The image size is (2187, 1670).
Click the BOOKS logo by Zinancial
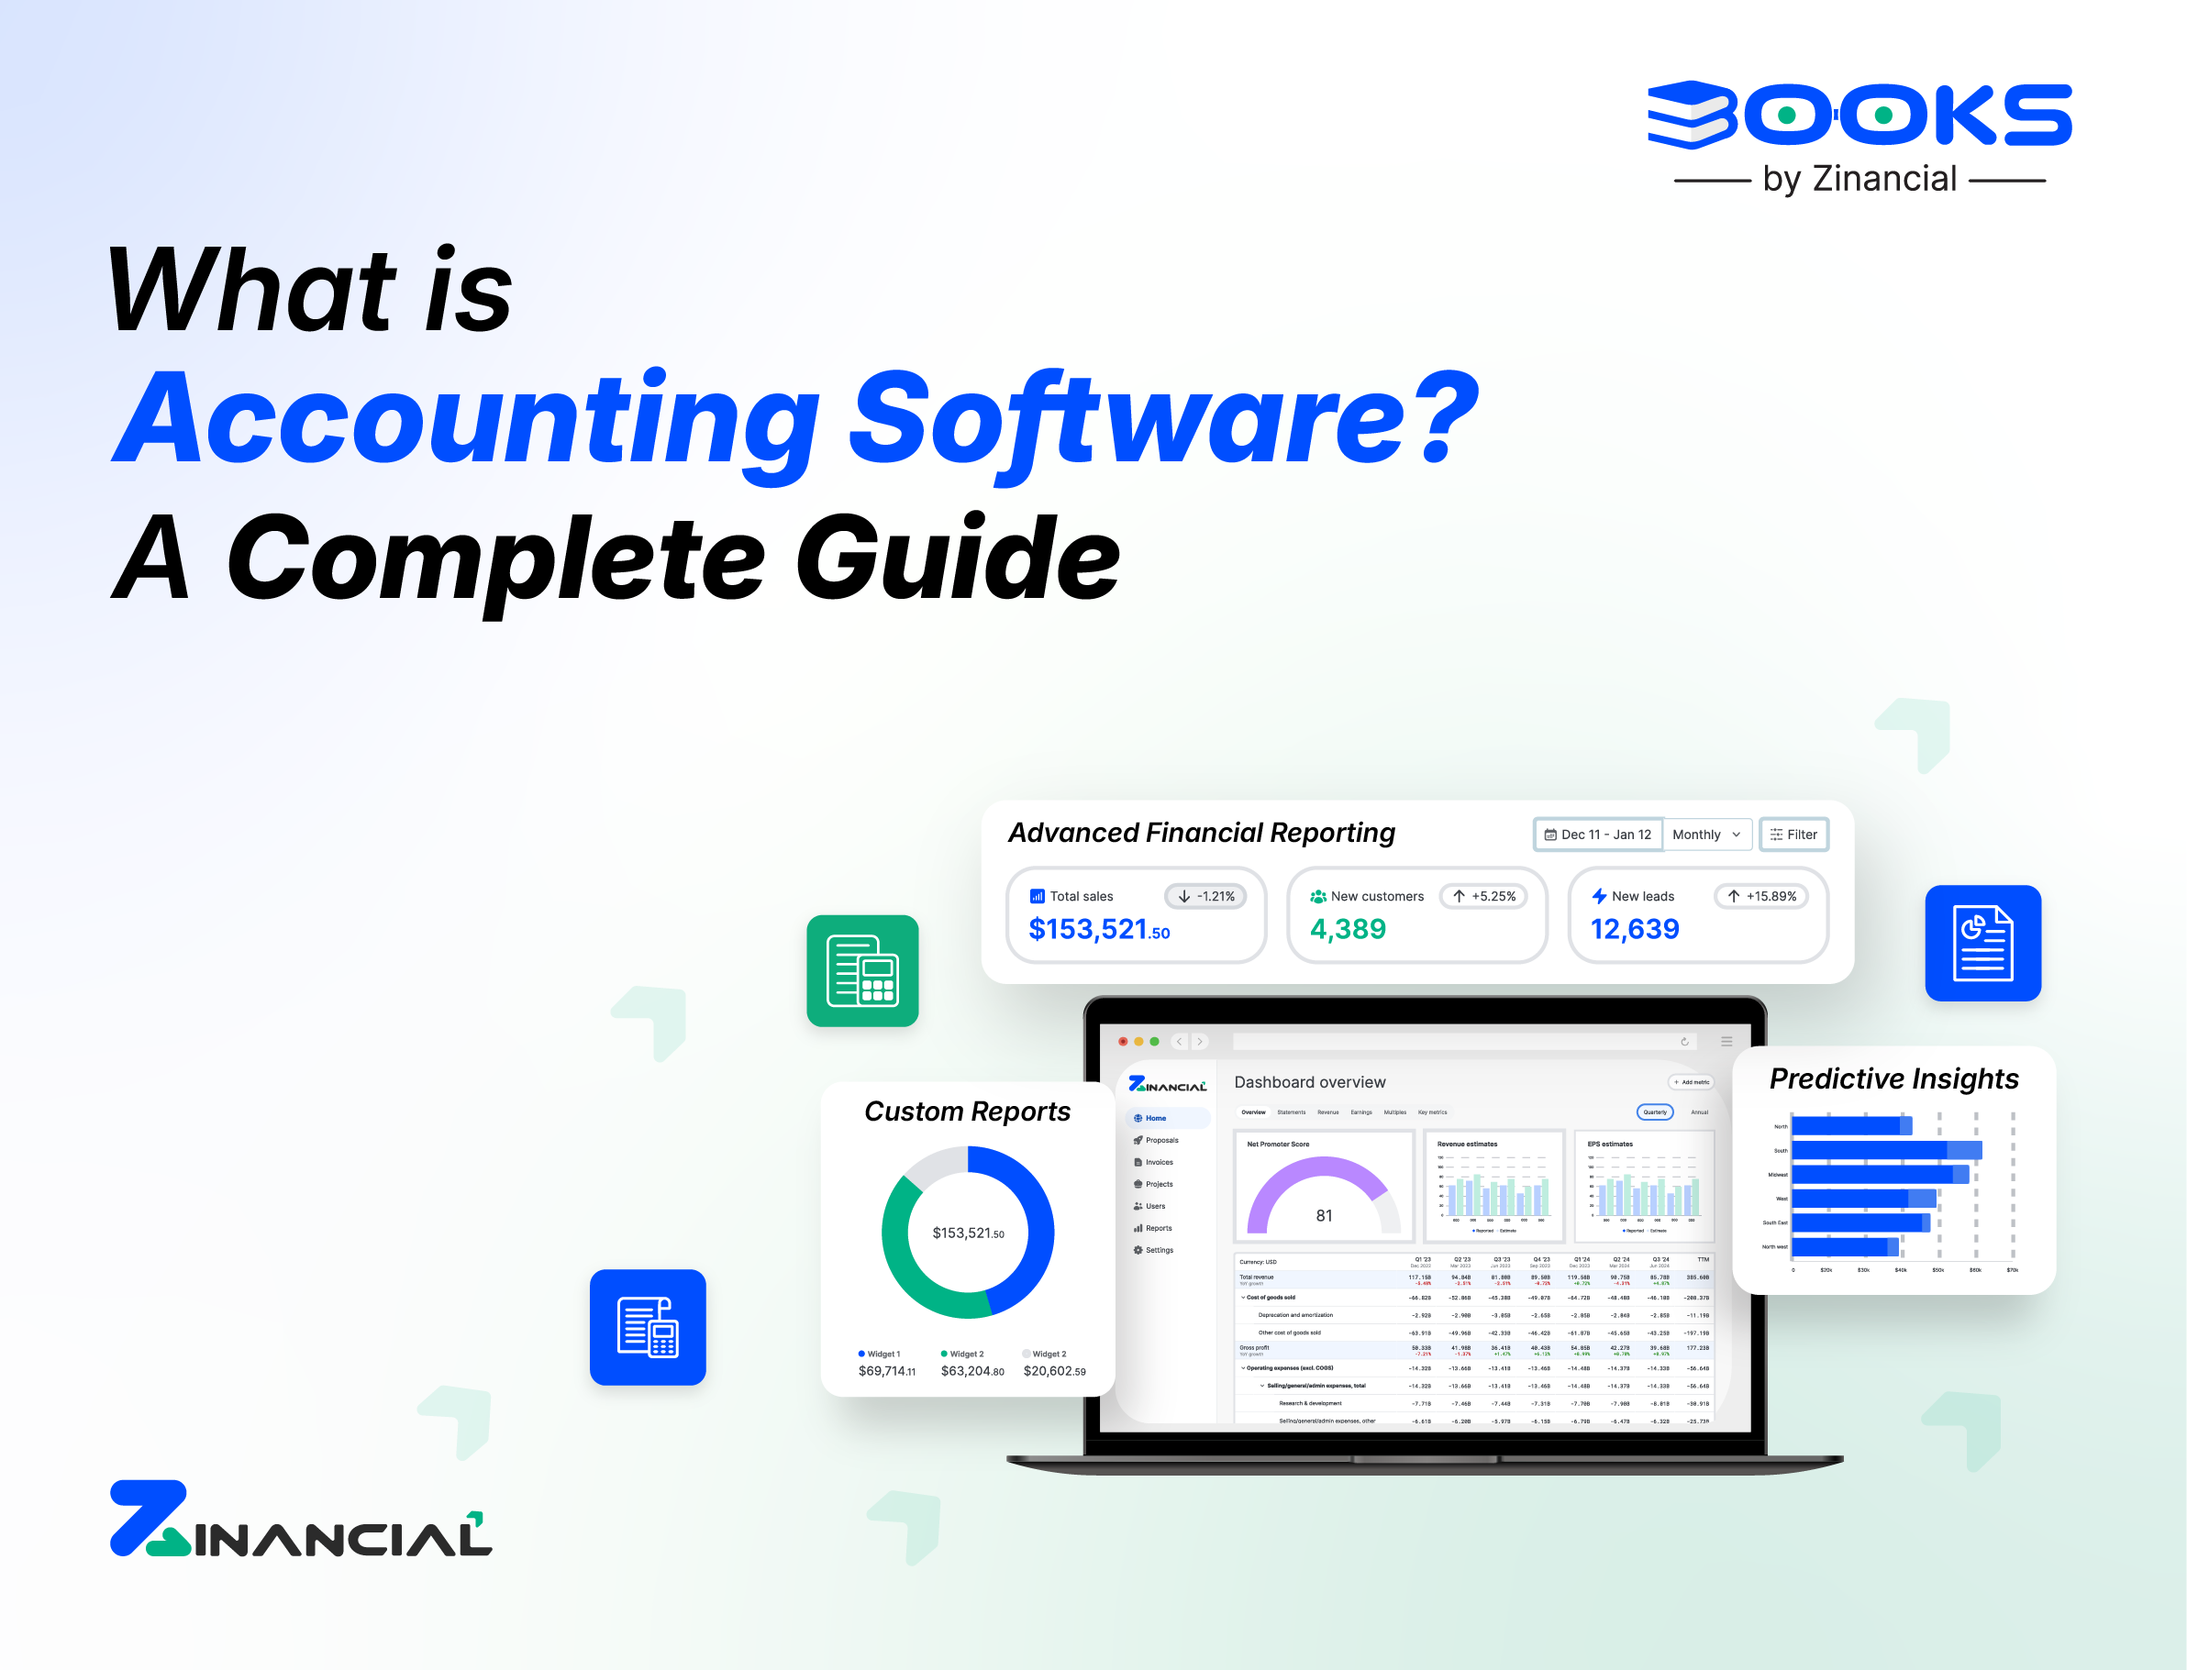(x=1858, y=134)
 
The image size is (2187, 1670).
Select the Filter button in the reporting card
(x=1793, y=834)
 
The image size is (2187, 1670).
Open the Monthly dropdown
(x=1704, y=834)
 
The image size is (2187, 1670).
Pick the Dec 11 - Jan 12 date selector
(x=1597, y=834)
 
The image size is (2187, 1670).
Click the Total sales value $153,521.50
(x=1098, y=929)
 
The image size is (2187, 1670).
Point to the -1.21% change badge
(x=1205, y=896)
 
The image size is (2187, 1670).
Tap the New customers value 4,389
(x=1347, y=929)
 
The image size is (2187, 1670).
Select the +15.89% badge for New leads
(x=1760, y=896)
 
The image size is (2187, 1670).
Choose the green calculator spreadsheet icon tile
(x=862, y=970)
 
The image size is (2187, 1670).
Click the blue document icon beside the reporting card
(x=1982, y=943)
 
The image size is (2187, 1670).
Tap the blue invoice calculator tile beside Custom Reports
(x=647, y=1327)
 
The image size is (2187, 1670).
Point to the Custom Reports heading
(x=966, y=1111)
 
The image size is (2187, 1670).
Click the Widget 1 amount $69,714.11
(x=886, y=1371)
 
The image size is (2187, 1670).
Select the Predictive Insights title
(x=1893, y=1078)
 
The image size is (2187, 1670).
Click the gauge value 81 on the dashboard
(x=1323, y=1216)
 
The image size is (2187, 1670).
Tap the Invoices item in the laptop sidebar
(x=1158, y=1162)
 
